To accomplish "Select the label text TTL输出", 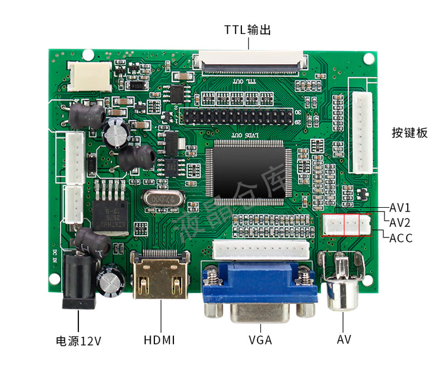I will coord(248,30).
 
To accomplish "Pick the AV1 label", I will coord(400,208).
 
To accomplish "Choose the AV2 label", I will coord(400,222).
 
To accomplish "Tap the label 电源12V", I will coord(79,341).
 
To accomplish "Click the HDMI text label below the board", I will coord(160,340).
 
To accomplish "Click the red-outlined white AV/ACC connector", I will coord(347,225).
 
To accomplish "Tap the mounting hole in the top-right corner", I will coord(369,58).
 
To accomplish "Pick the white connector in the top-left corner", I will coord(90,76).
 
